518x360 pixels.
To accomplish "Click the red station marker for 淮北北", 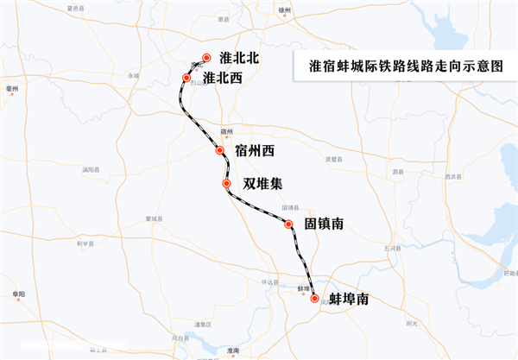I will (x=206, y=58).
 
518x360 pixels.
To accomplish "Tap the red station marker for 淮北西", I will (x=186, y=78).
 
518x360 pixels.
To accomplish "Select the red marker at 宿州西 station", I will (x=220, y=150).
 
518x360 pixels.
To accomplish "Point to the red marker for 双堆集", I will (x=226, y=183).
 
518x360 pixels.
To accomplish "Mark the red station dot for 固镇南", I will (x=289, y=224).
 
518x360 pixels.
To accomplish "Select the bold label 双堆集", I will (x=262, y=183).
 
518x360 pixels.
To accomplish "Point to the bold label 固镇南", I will (x=325, y=224).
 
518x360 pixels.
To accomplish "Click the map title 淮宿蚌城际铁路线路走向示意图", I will (x=405, y=66).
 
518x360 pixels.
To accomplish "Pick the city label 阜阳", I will (x=19, y=294).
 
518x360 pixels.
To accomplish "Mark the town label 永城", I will (x=134, y=75).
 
